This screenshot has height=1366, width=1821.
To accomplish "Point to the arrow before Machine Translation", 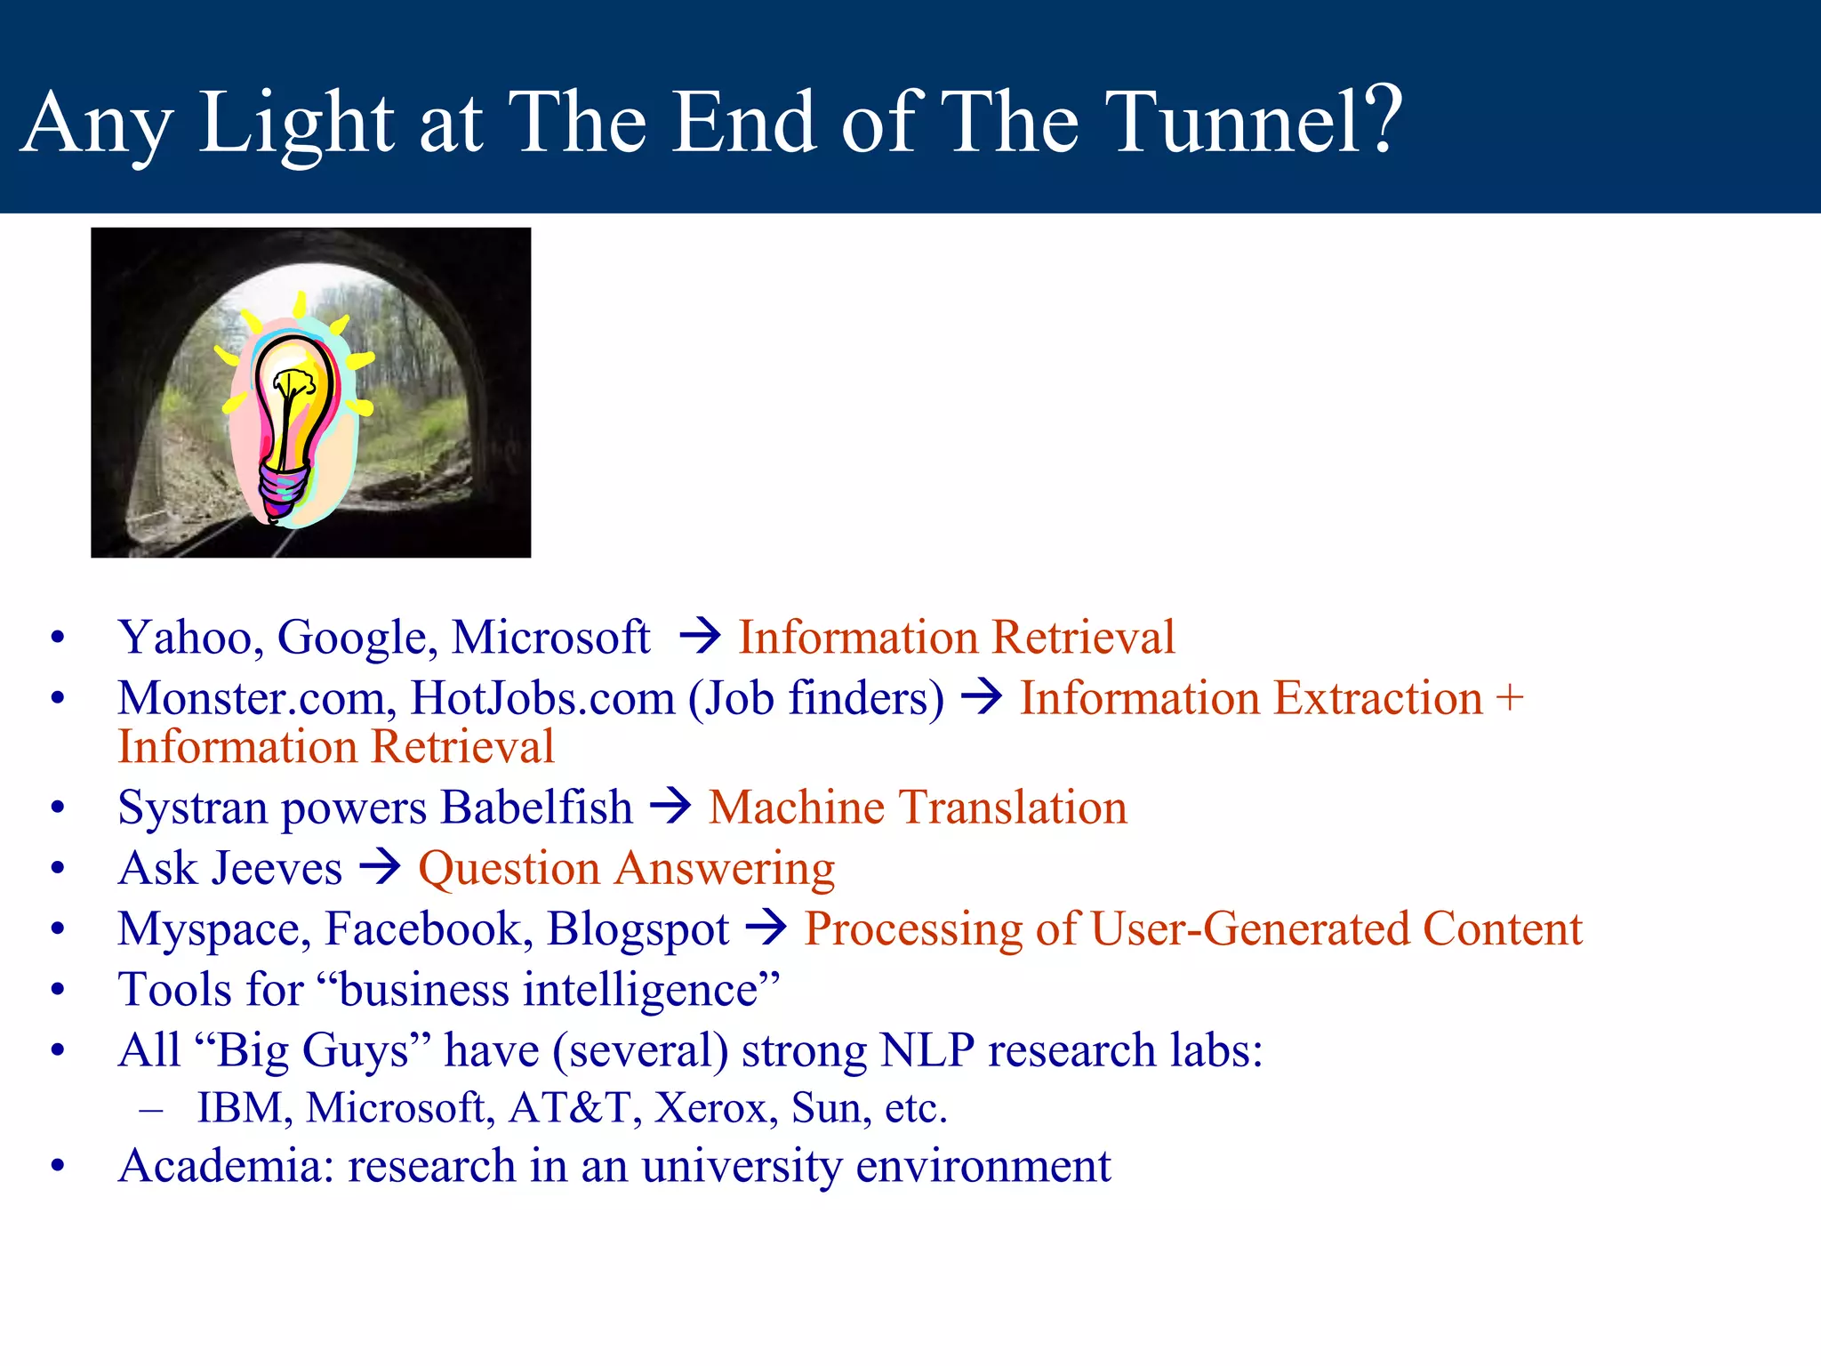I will (x=670, y=807).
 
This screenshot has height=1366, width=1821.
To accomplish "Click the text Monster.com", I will (x=257, y=698).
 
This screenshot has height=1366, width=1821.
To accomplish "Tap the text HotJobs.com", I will (x=542, y=698).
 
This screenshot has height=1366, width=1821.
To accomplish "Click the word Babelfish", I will (x=536, y=808).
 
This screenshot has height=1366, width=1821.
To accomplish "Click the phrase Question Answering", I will (x=626, y=869).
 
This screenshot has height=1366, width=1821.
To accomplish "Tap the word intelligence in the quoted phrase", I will (x=641, y=990).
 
